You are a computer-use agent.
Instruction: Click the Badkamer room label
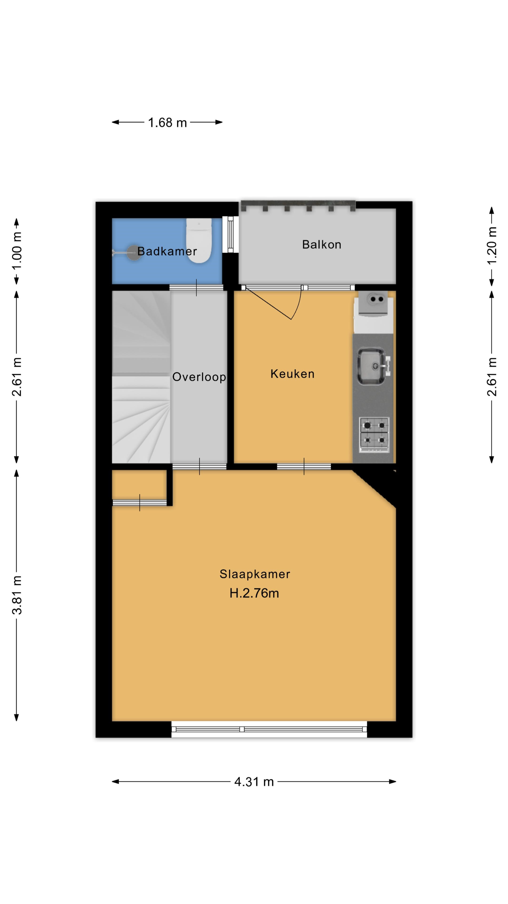(x=167, y=251)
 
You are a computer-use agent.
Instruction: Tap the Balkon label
(x=321, y=244)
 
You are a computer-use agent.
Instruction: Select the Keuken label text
(x=292, y=374)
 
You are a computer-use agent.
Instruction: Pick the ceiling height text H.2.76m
(x=254, y=593)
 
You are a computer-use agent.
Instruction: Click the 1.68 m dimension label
(x=167, y=122)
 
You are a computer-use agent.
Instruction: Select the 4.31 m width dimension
(x=254, y=782)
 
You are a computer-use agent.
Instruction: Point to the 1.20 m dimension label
(x=492, y=245)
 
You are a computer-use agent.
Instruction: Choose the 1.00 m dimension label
(x=17, y=250)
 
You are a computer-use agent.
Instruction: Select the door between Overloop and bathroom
(x=196, y=287)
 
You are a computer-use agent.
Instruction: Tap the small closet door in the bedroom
(x=139, y=503)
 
